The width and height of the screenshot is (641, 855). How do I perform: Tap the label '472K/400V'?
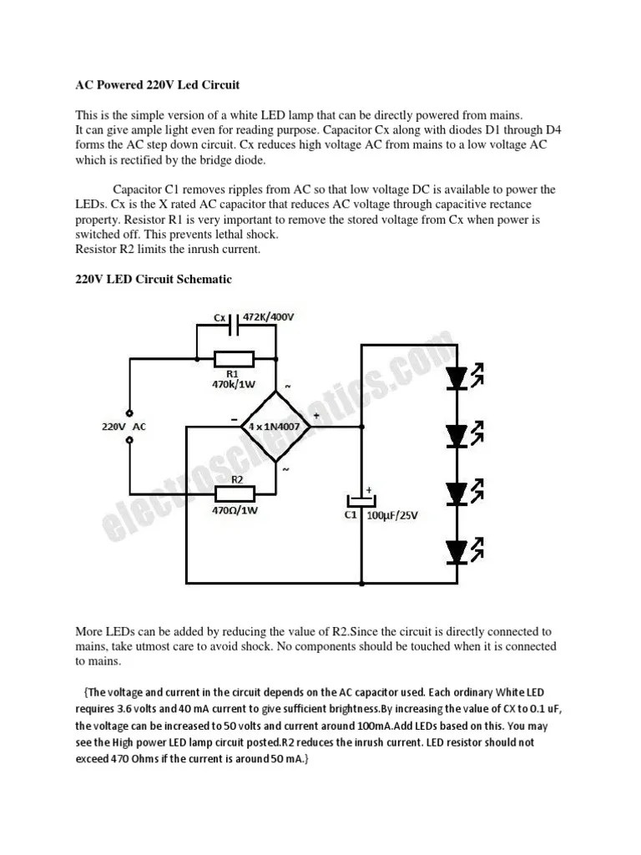point(269,318)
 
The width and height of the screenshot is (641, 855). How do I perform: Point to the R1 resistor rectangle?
point(235,358)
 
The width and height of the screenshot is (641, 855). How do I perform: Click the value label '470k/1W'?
point(233,385)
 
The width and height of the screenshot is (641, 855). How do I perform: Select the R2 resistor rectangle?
point(235,492)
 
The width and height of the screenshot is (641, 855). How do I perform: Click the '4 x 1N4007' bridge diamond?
point(275,425)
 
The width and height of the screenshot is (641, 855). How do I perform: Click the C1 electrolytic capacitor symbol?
point(362,500)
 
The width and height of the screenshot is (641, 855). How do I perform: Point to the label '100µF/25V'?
point(392,516)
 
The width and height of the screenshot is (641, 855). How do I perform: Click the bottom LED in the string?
point(457,551)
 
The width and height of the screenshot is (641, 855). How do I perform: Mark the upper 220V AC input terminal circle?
point(129,412)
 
